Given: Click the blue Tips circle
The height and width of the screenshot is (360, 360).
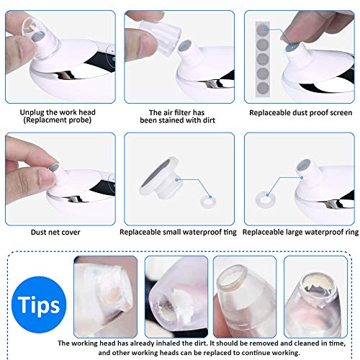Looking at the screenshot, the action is (x=39, y=305).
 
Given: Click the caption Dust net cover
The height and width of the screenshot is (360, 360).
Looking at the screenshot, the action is (x=55, y=232).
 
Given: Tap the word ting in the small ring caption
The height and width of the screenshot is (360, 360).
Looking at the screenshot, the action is (x=230, y=233).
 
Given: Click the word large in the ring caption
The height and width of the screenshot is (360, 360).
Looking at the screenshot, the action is (x=291, y=233).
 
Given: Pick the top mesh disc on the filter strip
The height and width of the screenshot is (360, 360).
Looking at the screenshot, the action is (x=262, y=30).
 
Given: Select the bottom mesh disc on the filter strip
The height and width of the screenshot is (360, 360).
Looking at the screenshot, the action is (x=263, y=88).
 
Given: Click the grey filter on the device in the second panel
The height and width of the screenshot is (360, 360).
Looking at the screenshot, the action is (x=185, y=46).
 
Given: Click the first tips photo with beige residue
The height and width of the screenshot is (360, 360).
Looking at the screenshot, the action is (x=106, y=297).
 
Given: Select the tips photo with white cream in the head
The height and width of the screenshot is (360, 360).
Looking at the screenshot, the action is (x=176, y=297).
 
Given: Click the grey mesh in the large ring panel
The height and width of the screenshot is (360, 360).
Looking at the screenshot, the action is (x=303, y=166).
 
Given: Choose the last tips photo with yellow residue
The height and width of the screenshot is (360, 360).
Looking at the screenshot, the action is (x=315, y=297).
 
